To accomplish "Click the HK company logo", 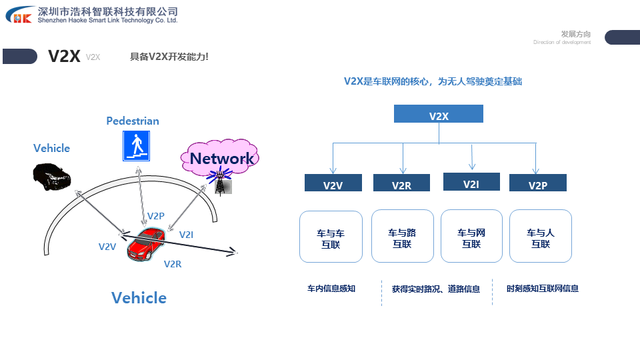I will pos(18,15).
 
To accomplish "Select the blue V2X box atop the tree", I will pos(439,115).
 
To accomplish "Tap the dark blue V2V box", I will pos(333,184).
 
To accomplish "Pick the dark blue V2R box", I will pos(401,184).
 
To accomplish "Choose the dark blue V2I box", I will pos(471,182).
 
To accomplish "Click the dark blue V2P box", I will pos(537,184).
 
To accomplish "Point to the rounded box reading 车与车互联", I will pos(331,237).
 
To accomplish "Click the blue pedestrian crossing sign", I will pos(136,146).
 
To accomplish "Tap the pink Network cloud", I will pos(221,157).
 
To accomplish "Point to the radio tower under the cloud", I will pos(219,182).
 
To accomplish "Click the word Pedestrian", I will pos(133,121).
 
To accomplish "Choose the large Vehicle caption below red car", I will pos(139,297).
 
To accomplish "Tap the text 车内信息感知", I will pos(331,289).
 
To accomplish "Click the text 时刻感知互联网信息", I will pos(543,289).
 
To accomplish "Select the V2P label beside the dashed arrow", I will pos(155,216).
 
